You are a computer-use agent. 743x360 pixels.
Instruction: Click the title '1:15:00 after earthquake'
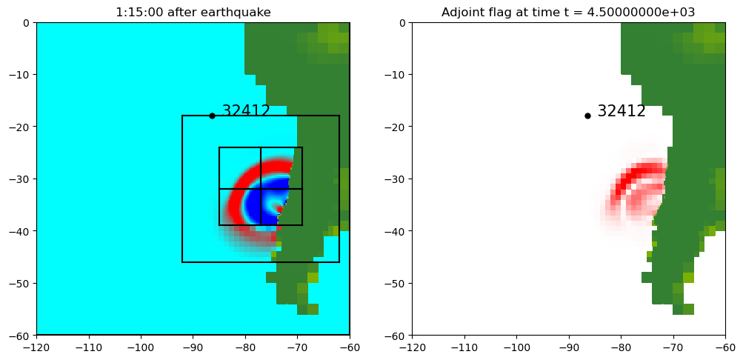[193, 12]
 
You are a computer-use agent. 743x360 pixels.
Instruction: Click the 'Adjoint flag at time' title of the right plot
[568, 12]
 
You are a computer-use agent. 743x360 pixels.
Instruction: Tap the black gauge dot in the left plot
[212, 116]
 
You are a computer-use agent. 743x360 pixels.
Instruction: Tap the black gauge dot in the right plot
[587, 116]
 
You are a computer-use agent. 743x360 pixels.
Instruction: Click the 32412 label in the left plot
[246, 111]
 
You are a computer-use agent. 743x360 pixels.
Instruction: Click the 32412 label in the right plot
[622, 111]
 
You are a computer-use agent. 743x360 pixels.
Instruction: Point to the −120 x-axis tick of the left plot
[36, 347]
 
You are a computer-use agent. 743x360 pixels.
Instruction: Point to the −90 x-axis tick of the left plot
[193, 347]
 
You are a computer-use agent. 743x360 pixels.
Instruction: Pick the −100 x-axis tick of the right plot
[516, 347]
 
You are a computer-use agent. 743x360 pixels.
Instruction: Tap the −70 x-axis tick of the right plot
[673, 347]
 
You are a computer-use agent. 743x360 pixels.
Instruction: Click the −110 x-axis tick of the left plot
[88, 347]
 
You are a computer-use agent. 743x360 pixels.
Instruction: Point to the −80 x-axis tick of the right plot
[621, 347]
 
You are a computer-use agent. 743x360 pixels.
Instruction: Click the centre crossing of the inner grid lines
[261, 189]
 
